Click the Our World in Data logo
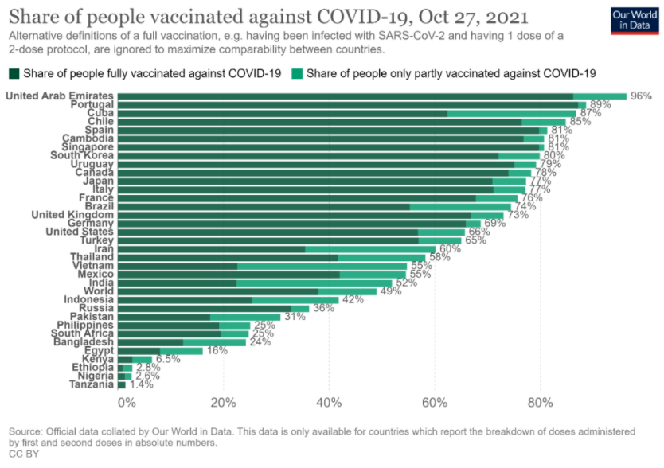(x=634, y=21)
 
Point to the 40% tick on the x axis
(x=329, y=401)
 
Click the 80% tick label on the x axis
(x=541, y=401)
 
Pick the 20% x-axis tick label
(x=223, y=401)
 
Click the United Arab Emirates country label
(x=59, y=96)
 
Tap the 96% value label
(x=641, y=96)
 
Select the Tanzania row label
(x=92, y=384)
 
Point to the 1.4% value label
(x=142, y=384)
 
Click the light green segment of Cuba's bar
(x=511, y=113)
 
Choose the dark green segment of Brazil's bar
(x=263, y=206)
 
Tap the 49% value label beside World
(x=390, y=291)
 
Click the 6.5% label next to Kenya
(x=167, y=359)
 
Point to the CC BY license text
(x=23, y=453)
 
